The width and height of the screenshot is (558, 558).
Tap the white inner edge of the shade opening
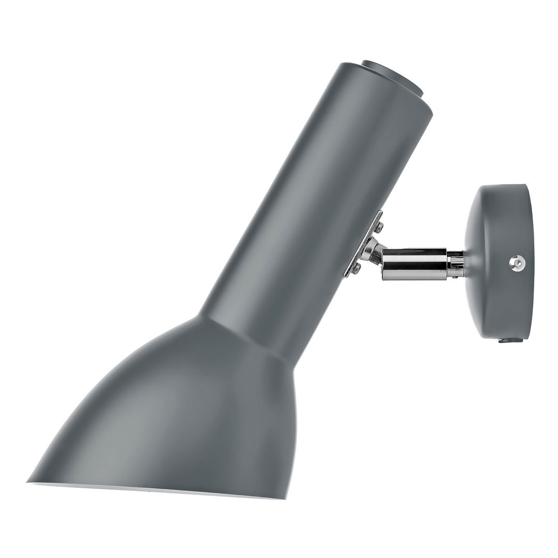pos(155,490)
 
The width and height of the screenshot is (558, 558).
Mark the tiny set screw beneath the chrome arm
pos(453,278)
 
